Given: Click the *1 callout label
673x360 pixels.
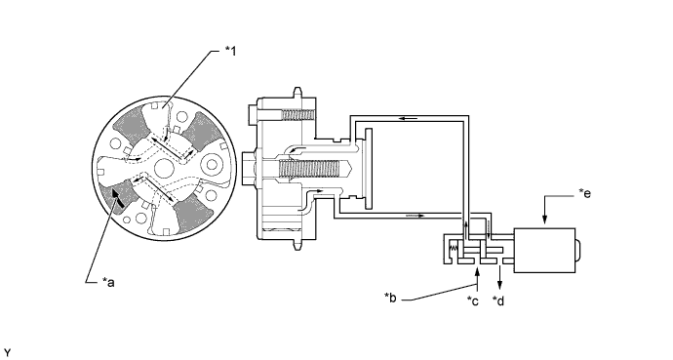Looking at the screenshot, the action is pyautogui.click(x=230, y=51).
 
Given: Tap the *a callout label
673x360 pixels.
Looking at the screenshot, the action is pyautogui.click(x=108, y=282).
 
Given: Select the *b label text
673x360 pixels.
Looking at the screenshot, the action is pyautogui.click(x=390, y=298).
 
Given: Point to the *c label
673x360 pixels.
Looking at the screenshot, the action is pyautogui.click(x=472, y=301).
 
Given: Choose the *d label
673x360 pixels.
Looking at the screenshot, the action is pyautogui.click(x=498, y=301).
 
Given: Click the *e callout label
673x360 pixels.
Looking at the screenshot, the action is pyautogui.click(x=584, y=193).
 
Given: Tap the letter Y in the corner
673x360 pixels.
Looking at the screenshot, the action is pyautogui.click(x=7, y=353).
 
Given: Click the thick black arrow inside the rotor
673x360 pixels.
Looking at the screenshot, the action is pyautogui.click(x=117, y=198).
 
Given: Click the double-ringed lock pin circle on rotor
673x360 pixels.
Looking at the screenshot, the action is pyautogui.click(x=213, y=164).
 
